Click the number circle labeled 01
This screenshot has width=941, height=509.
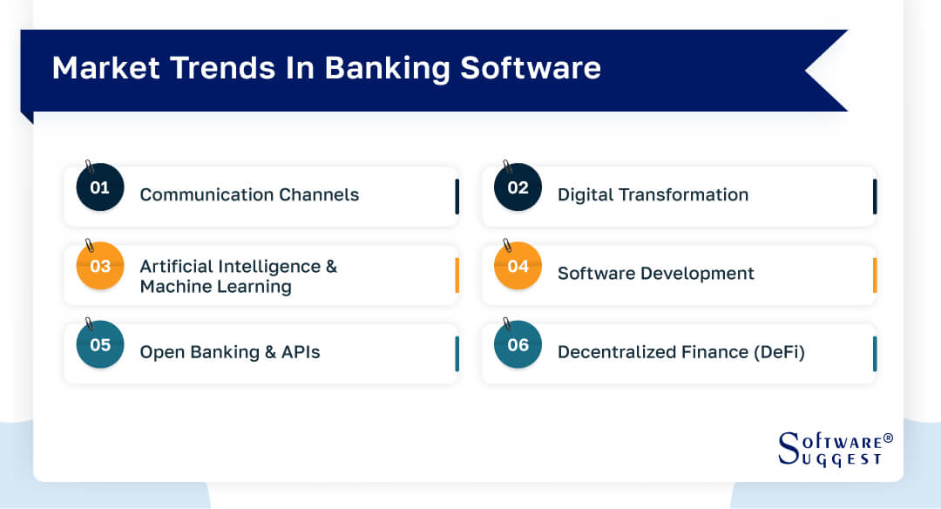point(100,187)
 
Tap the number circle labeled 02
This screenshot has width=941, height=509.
point(518,187)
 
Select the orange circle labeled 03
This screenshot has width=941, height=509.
point(100,266)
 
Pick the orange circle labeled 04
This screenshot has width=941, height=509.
point(518,266)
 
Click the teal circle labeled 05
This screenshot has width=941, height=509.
point(100,344)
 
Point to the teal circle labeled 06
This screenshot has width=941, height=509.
point(518,344)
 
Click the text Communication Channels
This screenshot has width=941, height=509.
point(249,194)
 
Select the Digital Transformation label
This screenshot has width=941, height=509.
point(653,194)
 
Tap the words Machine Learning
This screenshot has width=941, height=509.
point(215,287)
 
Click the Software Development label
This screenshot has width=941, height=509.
point(655,273)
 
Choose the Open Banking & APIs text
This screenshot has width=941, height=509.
point(230,352)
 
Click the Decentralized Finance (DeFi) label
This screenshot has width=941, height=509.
point(680,352)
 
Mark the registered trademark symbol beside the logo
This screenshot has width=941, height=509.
point(888,438)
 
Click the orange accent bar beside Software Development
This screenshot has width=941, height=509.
point(874,275)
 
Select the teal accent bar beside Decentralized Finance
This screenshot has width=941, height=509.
point(874,354)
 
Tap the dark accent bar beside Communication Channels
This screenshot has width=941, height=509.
point(457,197)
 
